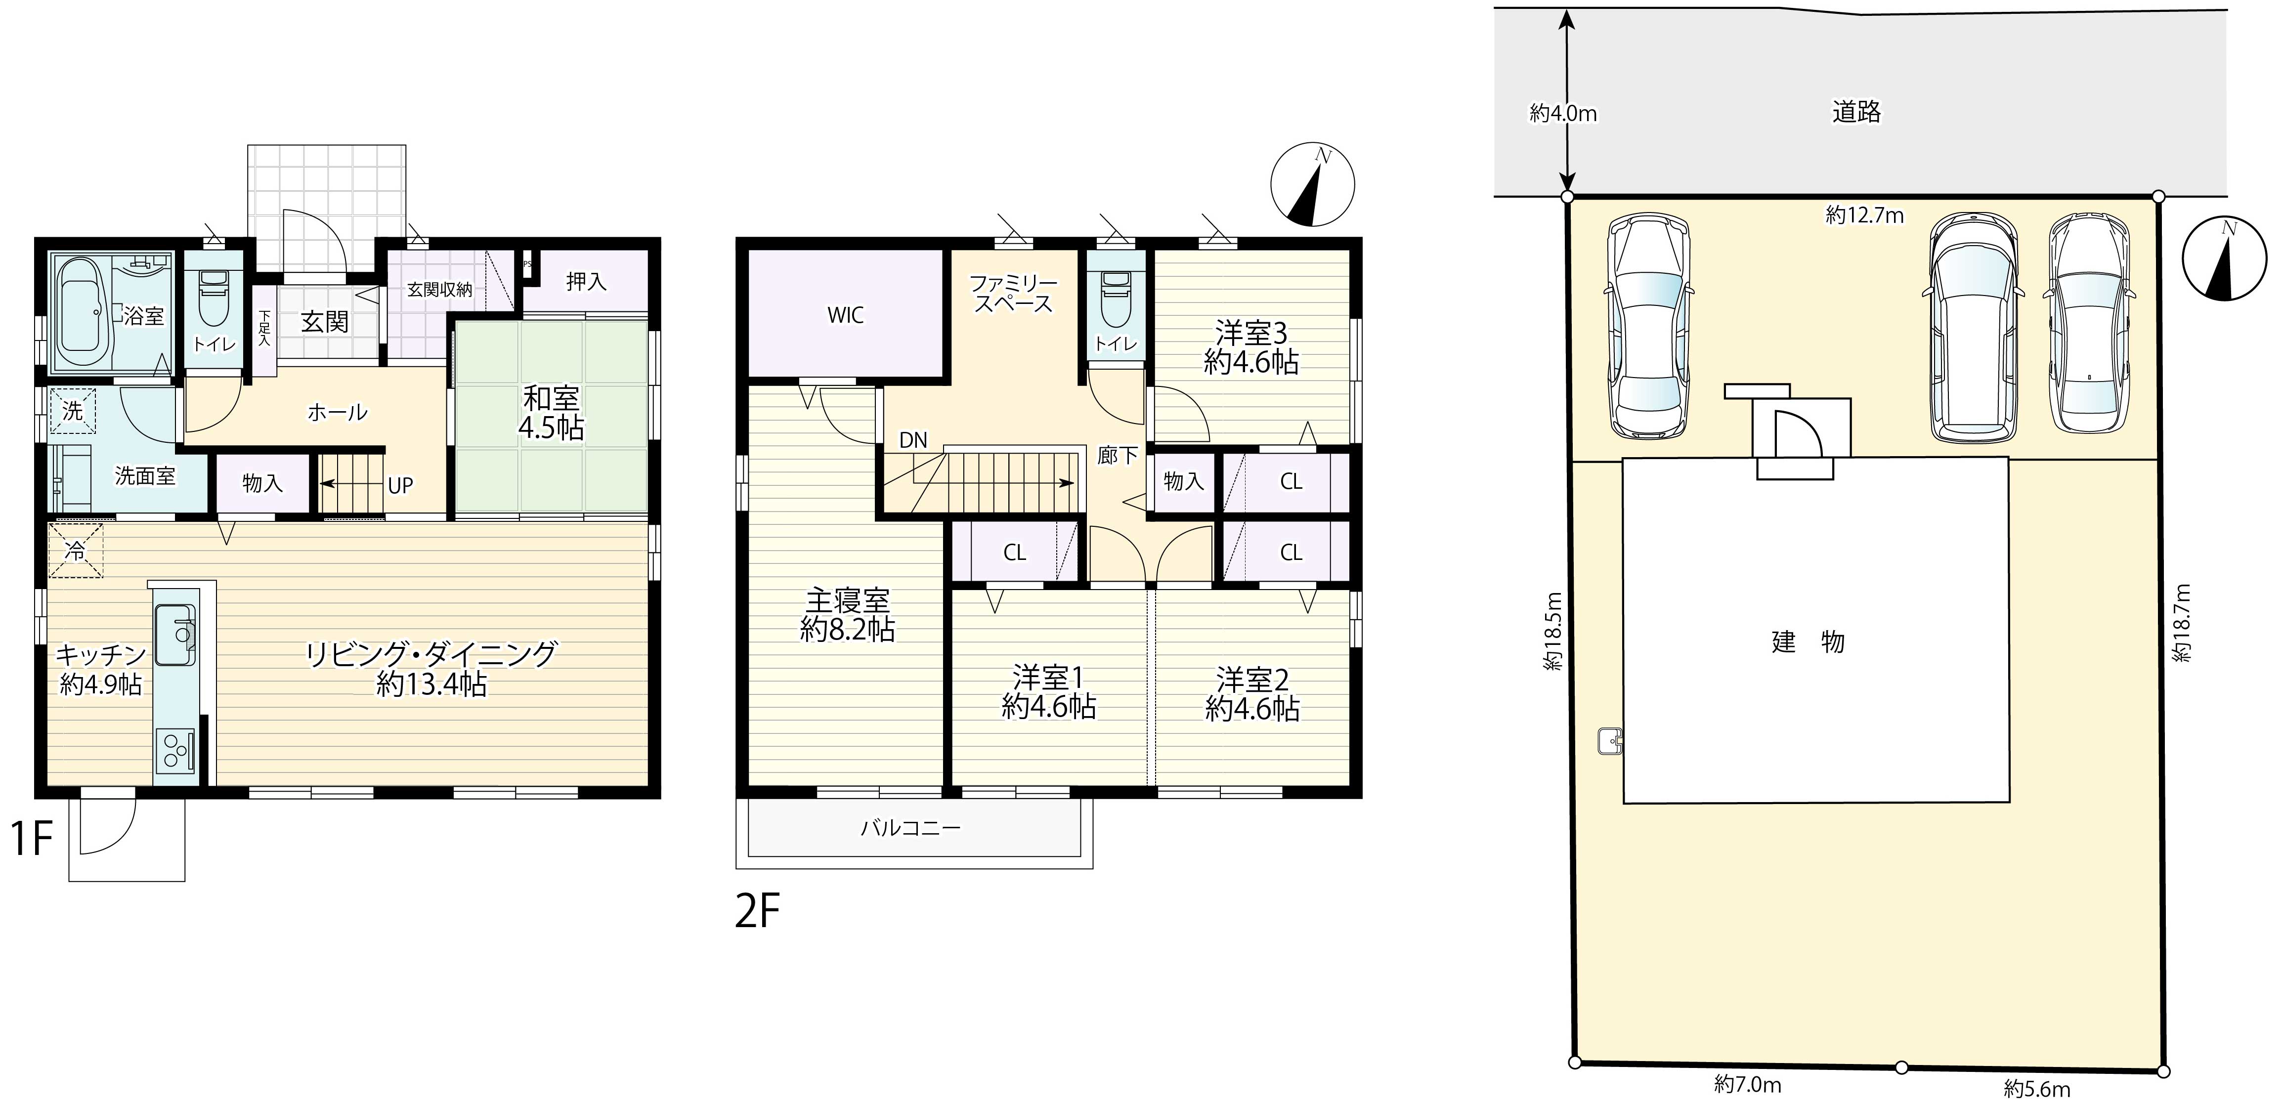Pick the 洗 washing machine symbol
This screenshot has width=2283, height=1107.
pos(73,411)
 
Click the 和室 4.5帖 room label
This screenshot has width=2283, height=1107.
pos(551,413)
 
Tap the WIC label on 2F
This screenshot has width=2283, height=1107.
pos(846,315)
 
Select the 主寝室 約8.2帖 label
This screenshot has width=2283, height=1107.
pos(847,614)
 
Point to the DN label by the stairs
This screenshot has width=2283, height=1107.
pos(913,440)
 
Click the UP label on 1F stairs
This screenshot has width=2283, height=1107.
pos(400,486)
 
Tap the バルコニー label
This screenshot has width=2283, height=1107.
pos(910,829)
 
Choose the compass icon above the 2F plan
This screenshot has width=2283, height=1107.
pos(1313,187)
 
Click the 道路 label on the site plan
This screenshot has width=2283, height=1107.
pos(1856,112)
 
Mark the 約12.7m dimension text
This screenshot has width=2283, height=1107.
pos(1864,215)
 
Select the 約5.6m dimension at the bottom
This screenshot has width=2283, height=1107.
pos(2037,1088)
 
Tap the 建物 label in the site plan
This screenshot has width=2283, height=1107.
pos(1808,641)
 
